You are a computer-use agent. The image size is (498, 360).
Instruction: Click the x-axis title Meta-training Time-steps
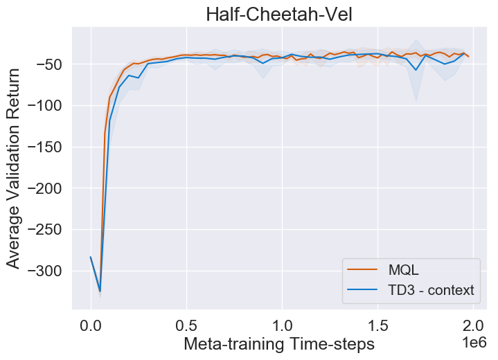(x=279, y=344)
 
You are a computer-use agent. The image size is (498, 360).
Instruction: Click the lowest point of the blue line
(x=100, y=291)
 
